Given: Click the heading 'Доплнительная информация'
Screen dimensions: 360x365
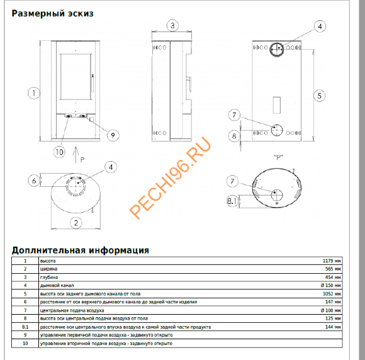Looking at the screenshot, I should point(81,250).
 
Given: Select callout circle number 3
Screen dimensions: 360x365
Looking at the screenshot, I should point(172,25).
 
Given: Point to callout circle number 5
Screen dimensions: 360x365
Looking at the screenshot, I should point(320,96).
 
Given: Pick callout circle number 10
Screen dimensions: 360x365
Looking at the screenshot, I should point(59,151).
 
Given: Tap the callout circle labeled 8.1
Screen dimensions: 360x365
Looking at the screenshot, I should point(232,201).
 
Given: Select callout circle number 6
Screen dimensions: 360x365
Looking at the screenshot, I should point(34,181).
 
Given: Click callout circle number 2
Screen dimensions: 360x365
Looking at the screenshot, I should point(75,222).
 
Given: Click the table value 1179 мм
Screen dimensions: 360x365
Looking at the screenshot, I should point(331,261).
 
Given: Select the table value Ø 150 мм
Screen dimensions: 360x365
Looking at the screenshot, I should point(330,285).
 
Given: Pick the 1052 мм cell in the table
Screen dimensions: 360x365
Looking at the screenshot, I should point(331,294).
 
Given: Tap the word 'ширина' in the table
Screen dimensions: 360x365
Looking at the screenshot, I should point(48,269).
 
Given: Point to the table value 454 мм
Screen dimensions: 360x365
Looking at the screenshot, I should point(332,277).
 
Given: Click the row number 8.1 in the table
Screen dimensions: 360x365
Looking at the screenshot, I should point(25,327).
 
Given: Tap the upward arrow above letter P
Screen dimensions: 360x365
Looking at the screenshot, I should point(75,152).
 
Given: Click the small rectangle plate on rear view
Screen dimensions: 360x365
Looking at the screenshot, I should point(277,103).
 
